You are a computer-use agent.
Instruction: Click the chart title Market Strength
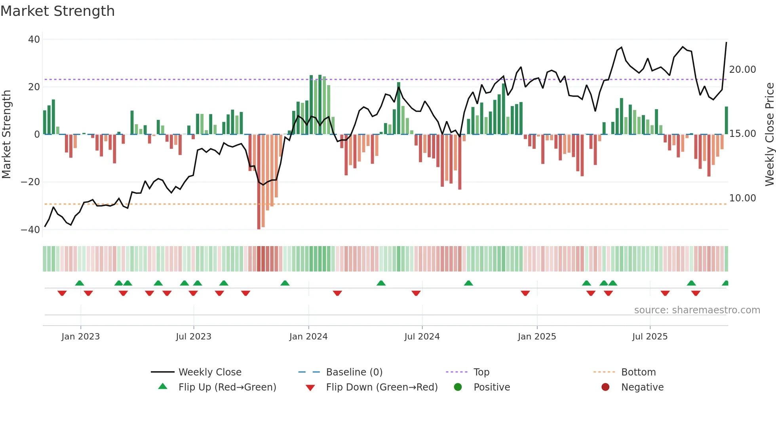pyautogui.click(x=57, y=11)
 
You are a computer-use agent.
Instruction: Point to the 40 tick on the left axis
pyautogui.click(x=34, y=40)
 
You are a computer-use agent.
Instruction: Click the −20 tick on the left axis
pyautogui.click(x=30, y=182)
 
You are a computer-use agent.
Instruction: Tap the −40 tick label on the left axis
pyautogui.click(x=30, y=230)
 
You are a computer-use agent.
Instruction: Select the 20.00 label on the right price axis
pyautogui.click(x=742, y=70)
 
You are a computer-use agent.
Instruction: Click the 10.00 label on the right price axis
pyautogui.click(x=742, y=198)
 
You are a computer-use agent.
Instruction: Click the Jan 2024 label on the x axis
pyautogui.click(x=308, y=337)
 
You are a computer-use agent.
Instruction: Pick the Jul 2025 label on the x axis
pyautogui.click(x=650, y=337)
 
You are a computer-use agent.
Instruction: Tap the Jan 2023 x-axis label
pyautogui.click(x=81, y=337)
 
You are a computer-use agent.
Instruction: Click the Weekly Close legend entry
pyautogui.click(x=209, y=372)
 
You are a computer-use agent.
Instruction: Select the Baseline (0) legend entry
pyautogui.click(x=354, y=372)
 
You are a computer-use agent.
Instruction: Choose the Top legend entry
pyautogui.click(x=481, y=372)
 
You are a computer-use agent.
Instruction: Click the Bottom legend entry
pyautogui.click(x=638, y=372)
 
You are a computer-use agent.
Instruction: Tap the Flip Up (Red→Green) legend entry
pyautogui.click(x=227, y=387)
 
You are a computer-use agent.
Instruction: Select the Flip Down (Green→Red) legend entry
pyautogui.click(x=382, y=387)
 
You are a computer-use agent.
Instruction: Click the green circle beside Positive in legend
pyautogui.click(x=458, y=387)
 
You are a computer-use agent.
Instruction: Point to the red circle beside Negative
pyautogui.click(x=605, y=387)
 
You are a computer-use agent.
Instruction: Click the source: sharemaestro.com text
pyautogui.click(x=697, y=310)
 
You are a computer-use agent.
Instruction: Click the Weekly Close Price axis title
pyautogui.click(x=769, y=135)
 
